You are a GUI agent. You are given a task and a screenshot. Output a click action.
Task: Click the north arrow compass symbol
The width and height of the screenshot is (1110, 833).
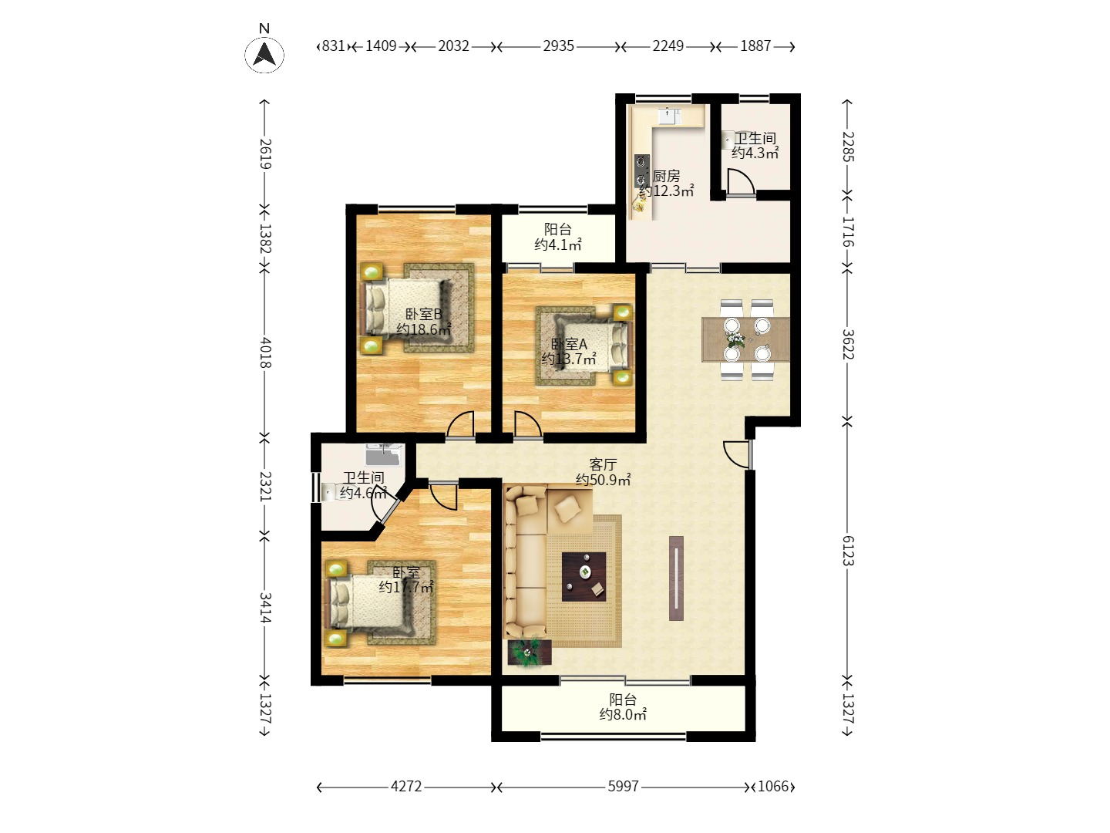264,54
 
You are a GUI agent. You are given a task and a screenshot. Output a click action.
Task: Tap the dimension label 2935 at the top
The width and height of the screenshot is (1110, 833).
558,46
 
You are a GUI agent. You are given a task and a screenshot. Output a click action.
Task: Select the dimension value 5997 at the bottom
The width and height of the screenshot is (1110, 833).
623,787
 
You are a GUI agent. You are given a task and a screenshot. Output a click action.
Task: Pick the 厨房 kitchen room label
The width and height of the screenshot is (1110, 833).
666,176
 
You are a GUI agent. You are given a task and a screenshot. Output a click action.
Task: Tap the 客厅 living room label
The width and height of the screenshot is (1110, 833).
603,464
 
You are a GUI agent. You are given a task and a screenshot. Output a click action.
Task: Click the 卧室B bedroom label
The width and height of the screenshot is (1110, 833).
424,314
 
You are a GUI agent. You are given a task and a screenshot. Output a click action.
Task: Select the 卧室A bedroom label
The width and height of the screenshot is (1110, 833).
569,344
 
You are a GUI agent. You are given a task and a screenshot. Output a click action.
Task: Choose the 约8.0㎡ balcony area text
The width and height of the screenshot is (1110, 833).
623,715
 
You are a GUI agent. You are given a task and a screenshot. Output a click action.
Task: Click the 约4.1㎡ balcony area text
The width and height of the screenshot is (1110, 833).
558,245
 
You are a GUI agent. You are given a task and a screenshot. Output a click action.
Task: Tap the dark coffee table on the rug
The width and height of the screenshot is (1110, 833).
584,577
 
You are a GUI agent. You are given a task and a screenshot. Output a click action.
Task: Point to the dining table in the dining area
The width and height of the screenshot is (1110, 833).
745,339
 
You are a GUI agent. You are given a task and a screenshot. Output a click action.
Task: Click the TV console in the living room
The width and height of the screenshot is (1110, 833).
676,578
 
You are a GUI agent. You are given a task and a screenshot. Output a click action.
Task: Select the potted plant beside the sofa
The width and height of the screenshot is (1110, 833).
530,653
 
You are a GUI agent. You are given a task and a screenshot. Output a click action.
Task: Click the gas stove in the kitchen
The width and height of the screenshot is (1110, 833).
642,171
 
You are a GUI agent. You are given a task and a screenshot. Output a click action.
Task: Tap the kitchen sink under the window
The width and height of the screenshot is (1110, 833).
670,116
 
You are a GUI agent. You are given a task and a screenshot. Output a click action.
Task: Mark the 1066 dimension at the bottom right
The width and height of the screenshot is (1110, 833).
773,787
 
